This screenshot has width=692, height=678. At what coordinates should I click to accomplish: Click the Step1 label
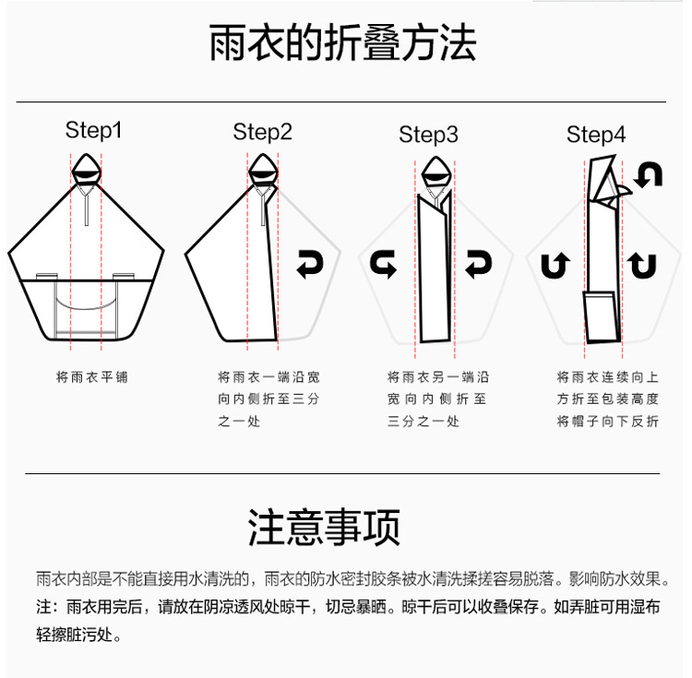click(x=93, y=130)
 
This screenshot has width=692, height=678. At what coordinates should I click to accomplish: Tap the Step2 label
click(x=263, y=132)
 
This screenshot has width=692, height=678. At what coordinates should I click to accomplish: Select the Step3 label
click(x=428, y=135)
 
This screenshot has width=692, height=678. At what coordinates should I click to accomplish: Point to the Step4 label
click(x=596, y=135)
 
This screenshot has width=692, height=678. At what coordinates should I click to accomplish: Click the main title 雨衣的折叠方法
click(x=342, y=42)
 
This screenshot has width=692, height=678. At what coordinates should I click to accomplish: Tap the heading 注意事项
click(x=325, y=527)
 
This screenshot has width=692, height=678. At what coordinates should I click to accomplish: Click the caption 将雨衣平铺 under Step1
click(x=91, y=377)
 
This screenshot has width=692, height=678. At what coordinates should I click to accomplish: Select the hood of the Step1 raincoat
click(x=86, y=169)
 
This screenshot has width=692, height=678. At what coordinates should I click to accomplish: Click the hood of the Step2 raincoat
click(x=263, y=169)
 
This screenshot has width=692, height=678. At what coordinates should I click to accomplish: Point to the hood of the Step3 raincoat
click(x=436, y=172)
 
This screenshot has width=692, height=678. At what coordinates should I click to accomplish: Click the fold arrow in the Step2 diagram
click(x=310, y=264)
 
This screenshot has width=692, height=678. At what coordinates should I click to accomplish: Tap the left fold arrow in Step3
click(x=383, y=264)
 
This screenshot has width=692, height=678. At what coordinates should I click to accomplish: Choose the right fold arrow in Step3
click(x=478, y=264)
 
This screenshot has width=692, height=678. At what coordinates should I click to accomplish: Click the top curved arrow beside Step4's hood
click(x=649, y=174)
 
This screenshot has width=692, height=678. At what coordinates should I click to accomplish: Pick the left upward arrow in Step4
click(x=555, y=265)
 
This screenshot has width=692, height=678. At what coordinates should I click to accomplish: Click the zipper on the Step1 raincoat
click(x=87, y=205)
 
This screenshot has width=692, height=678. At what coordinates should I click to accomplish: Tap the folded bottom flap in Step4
click(x=601, y=316)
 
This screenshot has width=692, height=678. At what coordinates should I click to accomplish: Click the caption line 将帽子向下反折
click(x=608, y=422)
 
